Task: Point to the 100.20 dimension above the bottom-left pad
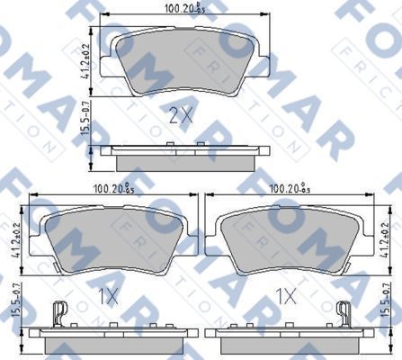tap(112, 189)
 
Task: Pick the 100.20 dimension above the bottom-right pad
tap(289, 189)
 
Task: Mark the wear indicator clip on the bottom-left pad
tap(59, 312)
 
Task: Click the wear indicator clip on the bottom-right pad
tap(343, 312)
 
